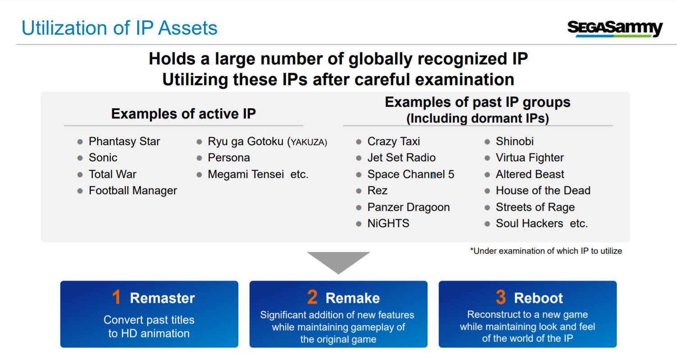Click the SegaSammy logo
pyautogui.click(x=615, y=29)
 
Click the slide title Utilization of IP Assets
pyautogui.click(x=119, y=28)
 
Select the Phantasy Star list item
pyautogui.click(x=124, y=141)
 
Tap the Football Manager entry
pyautogui.click(x=133, y=191)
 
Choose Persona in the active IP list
pyautogui.click(x=229, y=158)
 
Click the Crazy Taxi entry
pyautogui.click(x=394, y=141)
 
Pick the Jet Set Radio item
pyautogui.click(x=401, y=158)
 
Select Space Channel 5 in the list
pyautogui.click(x=411, y=174)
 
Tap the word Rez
pyautogui.click(x=377, y=191)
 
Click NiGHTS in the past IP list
pyautogui.click(x=388, y=223)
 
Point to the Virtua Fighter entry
pyautogui.click(x=530, y=158)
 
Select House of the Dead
pyautogui.click(x=543, y=191)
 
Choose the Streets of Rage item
pyautogui.click(x=535, y=207)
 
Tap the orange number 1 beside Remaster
pyautogui.click(x=117, y=297)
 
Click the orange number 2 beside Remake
pyautogui.click(x=312, y=297)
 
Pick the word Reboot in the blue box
pyautogui.click(x=538, y=298)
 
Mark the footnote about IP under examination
pyautogui.click(x=546, y=251)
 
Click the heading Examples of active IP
pyautogui.click(x=183, y=114)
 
